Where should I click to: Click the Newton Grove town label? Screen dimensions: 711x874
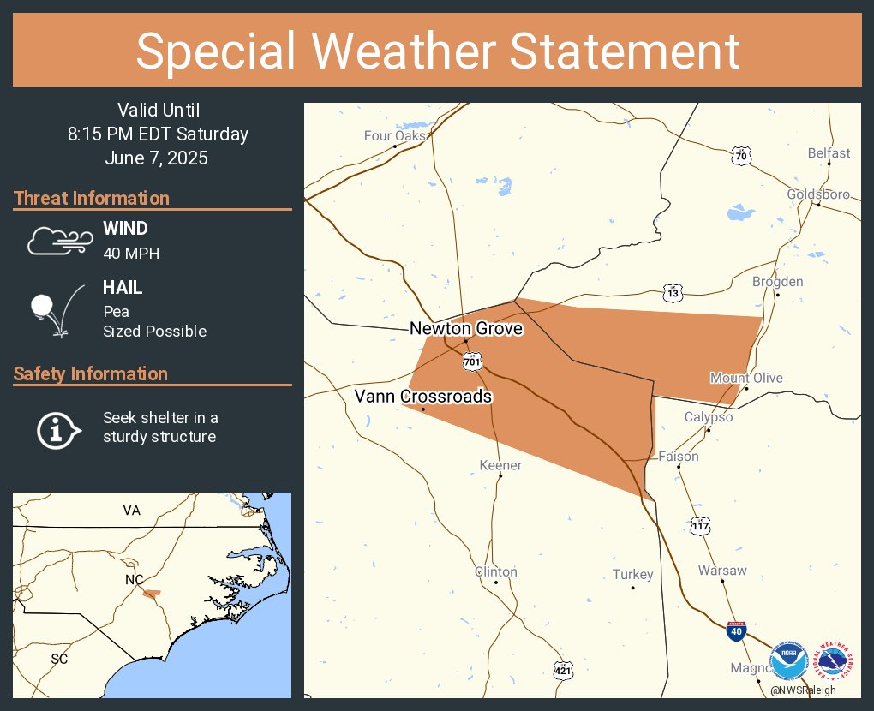[465, 328]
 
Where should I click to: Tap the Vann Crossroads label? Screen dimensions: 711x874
[423, 396]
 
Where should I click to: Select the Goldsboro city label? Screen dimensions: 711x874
[818, 194]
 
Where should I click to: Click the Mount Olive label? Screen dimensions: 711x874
[745, 378]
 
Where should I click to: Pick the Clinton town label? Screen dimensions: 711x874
[496, 571]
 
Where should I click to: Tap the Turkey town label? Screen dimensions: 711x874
[632, 574]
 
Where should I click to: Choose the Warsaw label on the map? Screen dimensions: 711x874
[722, 570]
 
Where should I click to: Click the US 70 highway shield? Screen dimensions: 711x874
[741, 155]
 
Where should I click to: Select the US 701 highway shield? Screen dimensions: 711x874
[472, 361]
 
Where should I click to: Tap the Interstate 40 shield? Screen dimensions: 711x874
[735, 631]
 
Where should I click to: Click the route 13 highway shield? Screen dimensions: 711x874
[673, 292]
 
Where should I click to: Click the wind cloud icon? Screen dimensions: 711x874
[58, 241]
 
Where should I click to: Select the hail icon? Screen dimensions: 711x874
[57, 309]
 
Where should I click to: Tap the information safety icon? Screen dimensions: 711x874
[57, 428]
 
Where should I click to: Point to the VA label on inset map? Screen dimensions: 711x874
[131, 510]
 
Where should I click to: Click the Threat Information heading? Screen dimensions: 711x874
[92, 198]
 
